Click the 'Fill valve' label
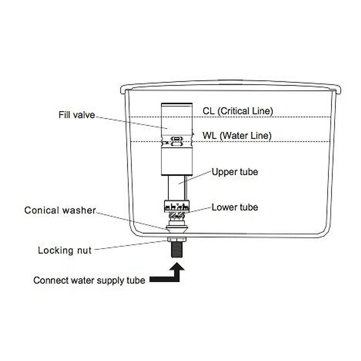(77, 115)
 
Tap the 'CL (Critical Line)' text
(238, 111)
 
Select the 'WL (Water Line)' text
(237, 136)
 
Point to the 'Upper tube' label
(235, 172)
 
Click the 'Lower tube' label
(235, 207)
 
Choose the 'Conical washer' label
(60, 210)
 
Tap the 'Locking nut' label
(64, 250)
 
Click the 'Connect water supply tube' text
(89, 280)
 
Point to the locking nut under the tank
(177, 240)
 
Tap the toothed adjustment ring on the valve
(177, 207)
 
